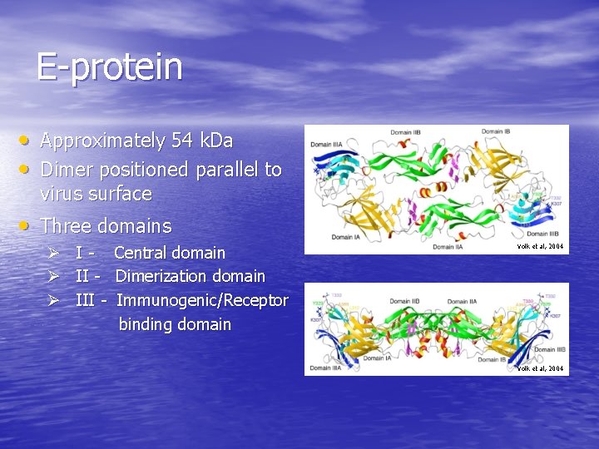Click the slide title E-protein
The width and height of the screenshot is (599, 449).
pos(109,67)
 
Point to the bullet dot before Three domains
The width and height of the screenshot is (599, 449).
pos(28,225)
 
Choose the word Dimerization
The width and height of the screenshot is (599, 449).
pos(161,276)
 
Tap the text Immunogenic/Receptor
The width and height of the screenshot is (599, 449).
pos(202,300)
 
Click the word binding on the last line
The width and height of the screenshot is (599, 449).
pos(146,324)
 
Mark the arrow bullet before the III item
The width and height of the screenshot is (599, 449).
pos(52,300)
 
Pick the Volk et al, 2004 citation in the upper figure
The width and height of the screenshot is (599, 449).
pos(540,247)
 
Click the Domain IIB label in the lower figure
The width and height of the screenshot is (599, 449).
pos(405,301)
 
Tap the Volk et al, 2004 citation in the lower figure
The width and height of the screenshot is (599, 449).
pos(540,368)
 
